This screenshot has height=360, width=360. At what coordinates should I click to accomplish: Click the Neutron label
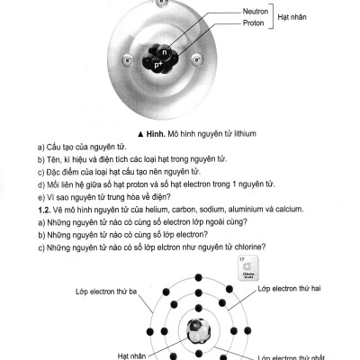[x=256, y=12]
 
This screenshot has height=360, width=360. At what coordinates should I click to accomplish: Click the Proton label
[x=254, y=23]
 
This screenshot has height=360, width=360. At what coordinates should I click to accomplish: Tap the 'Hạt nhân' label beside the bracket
[x=292, y=17]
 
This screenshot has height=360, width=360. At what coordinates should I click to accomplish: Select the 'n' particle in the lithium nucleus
[x=164, y=52]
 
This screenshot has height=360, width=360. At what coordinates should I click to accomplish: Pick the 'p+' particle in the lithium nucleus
[x=158, y=65]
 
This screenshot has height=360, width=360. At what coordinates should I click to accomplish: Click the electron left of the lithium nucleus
[x=128, y=60]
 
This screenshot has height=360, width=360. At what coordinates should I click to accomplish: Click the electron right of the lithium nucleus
[x=197, y=59]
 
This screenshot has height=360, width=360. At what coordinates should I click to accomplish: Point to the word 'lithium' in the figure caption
[x=245, y=134]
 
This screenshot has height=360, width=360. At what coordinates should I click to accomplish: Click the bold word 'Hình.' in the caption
[x=156, y=134]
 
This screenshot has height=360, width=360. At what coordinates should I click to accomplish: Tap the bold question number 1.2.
[x=44, y=210]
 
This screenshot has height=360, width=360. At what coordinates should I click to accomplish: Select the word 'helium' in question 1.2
[x=157, y=210]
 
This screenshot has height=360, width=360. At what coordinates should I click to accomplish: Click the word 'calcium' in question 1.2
[x=289, y=209]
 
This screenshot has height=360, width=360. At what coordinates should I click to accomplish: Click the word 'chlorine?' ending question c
[x=250, y=247]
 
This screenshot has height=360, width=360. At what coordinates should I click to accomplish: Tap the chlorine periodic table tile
[x=248, y=268]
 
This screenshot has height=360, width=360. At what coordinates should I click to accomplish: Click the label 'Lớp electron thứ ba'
[x=106, y=292]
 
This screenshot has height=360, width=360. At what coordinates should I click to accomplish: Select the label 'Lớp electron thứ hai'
[x=289, y=289]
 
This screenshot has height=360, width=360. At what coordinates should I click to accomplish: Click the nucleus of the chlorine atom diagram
[x=198, y=331]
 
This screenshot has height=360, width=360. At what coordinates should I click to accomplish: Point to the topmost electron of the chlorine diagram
[x=198, y=277]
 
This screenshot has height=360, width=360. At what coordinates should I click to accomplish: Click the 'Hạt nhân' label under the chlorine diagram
[x=132, y=356]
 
